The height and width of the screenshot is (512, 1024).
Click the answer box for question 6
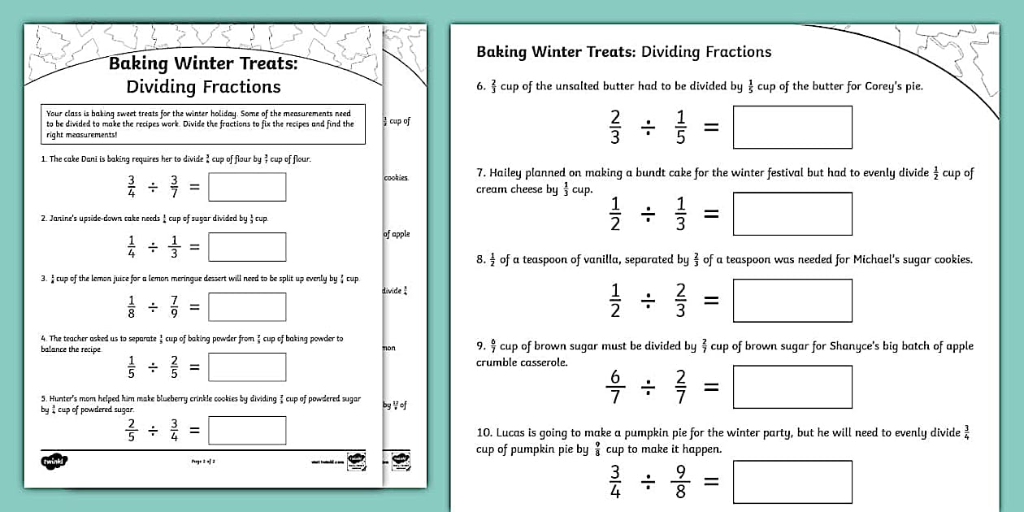(x=792, y=127)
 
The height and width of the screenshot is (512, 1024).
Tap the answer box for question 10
(x=792, y=481)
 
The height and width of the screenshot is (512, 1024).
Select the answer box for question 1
(x=247, y=187)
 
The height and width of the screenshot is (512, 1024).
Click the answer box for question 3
(x=247, y=306)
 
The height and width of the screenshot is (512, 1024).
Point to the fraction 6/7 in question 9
(x=615, y=387)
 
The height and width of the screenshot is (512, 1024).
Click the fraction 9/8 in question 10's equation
(x=680, y=481)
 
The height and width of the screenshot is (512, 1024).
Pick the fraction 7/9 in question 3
(x=174, y=306)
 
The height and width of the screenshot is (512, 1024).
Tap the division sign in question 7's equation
(x=648, y=214)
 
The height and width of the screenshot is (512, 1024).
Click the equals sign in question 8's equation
(x=711, y=301)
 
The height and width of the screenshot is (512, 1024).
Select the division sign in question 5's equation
(x=153, y=431)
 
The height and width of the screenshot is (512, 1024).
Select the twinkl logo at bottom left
(x=54, y=461)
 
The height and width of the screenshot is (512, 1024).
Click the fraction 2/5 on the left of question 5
(x=131, y=431)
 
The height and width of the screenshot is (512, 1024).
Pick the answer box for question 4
(x=247, y=367)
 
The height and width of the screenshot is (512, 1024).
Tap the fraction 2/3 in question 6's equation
(x=615, y=127)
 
